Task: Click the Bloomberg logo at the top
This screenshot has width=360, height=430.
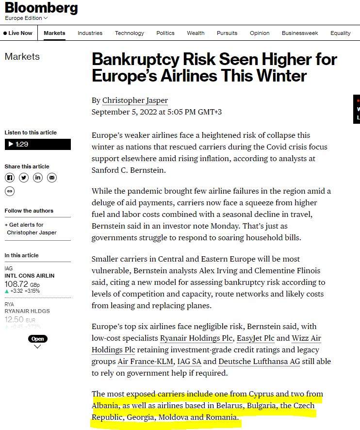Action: (x=41, y=8)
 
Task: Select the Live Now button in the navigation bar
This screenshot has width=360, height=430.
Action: (x=18, y=33)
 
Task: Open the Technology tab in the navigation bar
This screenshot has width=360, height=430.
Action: (x=129, y=33)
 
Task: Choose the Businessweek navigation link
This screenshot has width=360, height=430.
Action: (x=300, y=33)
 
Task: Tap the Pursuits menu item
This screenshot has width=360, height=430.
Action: (x=227, y=33)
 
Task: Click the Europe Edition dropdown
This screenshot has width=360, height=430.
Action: (x=26, y=18)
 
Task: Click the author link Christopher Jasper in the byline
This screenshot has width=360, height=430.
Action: (x=135, y=100)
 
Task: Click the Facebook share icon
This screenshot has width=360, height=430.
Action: (x=10, y=178)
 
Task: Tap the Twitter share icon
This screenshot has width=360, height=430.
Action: (x=24, y=178)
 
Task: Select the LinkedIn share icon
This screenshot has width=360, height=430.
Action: (x=38, y=178)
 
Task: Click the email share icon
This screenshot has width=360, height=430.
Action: (x=52, y=178)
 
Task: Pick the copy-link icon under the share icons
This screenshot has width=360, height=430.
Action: (x=10, y=191)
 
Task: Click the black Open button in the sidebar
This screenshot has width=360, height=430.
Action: (x=37, y=339)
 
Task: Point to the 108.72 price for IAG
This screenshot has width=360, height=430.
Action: (x=16, y=283)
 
